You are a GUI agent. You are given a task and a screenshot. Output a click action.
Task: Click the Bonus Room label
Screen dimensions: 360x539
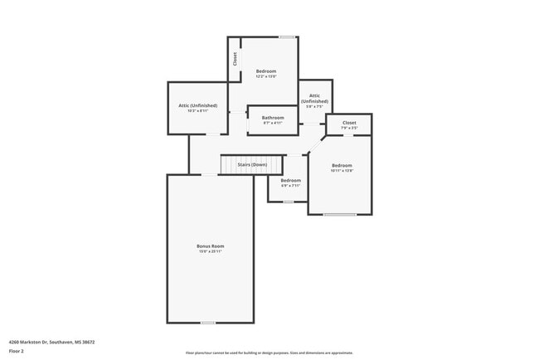pyautogui.click(x=210, y=246)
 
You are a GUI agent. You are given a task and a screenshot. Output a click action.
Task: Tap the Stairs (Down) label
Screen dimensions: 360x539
pyautogui.click(x=252, y=165)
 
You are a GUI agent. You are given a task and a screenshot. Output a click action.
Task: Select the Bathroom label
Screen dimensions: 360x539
pyautogui.click(x=273, y=118)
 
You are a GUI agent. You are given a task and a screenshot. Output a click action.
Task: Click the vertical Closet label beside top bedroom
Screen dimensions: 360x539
pyautogui.click(x=235, y=59)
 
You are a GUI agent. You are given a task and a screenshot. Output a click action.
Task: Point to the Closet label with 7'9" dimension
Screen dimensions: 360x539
pyautogui.click(x=349, y=123)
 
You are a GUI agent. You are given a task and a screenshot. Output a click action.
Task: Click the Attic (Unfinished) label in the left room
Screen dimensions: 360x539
pyautogui.click(x=197, y=105)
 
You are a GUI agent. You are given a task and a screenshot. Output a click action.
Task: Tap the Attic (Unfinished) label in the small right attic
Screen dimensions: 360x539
pyautogui.click(x=314, y=98)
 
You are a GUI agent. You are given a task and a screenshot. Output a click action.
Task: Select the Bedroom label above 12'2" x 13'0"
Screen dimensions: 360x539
pyautogui.click(x=265, y=71)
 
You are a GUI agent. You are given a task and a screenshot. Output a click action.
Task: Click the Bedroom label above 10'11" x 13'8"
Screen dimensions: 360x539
pyautogui.click(x=342, y=165)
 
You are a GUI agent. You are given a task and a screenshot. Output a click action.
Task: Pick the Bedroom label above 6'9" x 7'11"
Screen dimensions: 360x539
pyautogui.click(x=290, y=180)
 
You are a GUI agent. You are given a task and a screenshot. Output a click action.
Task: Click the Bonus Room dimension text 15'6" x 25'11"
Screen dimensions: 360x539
pyautogui.click(x=210, y=251)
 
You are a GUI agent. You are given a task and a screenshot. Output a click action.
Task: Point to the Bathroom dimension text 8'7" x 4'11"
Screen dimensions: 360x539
pyautogui.click(x=273, y=124)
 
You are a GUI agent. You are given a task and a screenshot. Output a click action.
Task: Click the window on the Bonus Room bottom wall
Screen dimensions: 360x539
pyautogui.click(x=208, y=323)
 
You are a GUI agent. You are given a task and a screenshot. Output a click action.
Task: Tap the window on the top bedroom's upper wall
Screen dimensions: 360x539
pyautogui.click(x=286, y=36)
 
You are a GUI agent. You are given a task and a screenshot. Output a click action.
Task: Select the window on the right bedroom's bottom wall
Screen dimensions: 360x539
pyautogui.click(x=340, y=215)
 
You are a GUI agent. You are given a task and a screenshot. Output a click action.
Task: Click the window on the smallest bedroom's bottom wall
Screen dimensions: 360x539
pyautogui.click(x=288, y=202)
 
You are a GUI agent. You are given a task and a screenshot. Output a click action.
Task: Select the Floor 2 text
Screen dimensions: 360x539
pyautogui.click(x=16, y=352)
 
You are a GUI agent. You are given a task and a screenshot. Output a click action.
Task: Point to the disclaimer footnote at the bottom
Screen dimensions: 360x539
pyautogui.click(x=269, y=353)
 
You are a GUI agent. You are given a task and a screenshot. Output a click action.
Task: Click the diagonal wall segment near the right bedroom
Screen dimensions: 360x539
pyautogui.click(x=316, y=145)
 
